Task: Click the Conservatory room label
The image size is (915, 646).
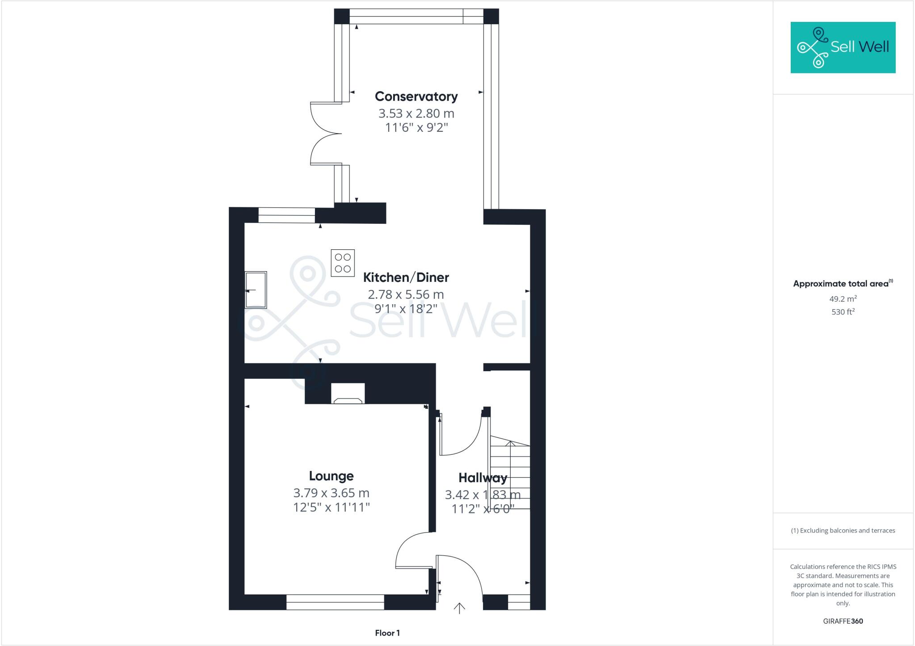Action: point(416,96)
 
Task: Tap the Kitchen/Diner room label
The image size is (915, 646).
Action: point(406,277)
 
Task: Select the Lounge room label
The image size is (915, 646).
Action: point(331,476)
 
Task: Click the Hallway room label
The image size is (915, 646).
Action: point(483,478)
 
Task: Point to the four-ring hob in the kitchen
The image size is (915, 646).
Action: point(343,263)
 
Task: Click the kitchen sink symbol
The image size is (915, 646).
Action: point(256,289)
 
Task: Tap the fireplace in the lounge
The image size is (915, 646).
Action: point(348,394)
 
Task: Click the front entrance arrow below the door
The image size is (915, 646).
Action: point(459,608)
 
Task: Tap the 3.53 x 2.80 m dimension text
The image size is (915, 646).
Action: point(416,113)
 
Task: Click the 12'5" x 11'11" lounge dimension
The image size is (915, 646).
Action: point(331,508)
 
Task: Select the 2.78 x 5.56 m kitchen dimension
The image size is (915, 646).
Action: point(406,294)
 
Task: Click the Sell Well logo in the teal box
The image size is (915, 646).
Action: point(843,47)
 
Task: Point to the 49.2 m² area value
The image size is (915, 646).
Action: point(843,299)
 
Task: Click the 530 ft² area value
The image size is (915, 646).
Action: point(843,312)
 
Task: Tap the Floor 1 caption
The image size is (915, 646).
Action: point(387,633)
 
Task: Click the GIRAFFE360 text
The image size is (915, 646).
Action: point(843,621)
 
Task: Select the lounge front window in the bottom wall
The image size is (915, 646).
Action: point(335,602)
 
